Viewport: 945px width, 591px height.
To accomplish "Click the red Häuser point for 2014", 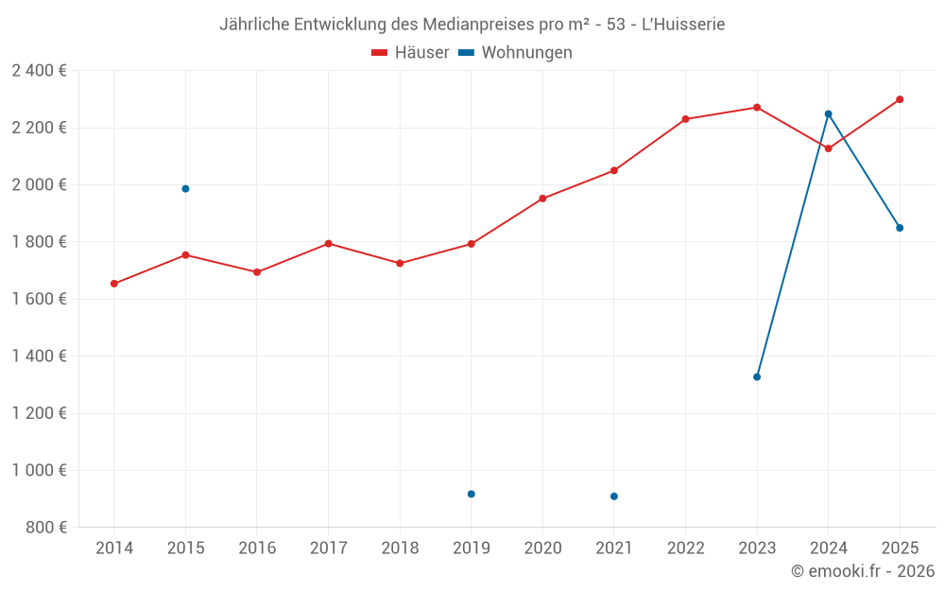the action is pyautogui.click(x=114, y=284).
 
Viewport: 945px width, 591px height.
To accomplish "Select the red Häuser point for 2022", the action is pyautogui.click(x=685, y=119).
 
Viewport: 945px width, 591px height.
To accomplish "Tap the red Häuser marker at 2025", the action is pyautogui.click(x=900, y=99).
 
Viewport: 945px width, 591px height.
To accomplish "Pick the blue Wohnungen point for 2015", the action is pyautogui.click(x=185, y=189).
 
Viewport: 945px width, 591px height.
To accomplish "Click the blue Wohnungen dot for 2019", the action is pyautogui.click(x=472, y=494).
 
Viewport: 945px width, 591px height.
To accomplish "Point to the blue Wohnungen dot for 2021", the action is pyautogui.click(x=614, y=496).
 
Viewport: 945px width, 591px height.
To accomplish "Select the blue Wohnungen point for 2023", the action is pyautogui.click(x=757, y=377).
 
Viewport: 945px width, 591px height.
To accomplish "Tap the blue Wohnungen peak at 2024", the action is pyautogui.click(x=828, y=114).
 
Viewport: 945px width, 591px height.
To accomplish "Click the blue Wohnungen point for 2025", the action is pyautogui.click(x=900, y=228).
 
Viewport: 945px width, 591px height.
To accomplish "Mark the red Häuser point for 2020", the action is pyautogui.click(x=542, y=199).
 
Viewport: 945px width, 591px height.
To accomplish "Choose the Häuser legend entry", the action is pyautogui.click(x=410, y=52).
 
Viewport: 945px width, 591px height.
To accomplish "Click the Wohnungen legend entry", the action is pyautogui.click(x=515, y=52).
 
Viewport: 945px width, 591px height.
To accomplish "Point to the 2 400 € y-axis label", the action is pyautogui.click(x=40, y=71).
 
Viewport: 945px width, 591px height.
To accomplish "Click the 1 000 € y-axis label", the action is pyautogui.click(x=40, y=470).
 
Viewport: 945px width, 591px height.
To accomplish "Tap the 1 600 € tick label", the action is pyautogui.click(x=40, y=299).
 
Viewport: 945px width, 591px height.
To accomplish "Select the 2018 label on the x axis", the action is pyautogui.click(x=400, y=548).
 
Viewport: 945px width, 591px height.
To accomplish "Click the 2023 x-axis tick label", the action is pyautogui.click(x=757, y=548).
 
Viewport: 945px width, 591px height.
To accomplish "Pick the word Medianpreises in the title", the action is pyautogui.click(x=479, y=25).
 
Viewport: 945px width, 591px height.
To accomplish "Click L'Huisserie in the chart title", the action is pyautogui.click(x=683, y=25).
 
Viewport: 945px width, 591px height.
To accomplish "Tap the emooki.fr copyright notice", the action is pyautogui.click(x=863, y=570).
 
